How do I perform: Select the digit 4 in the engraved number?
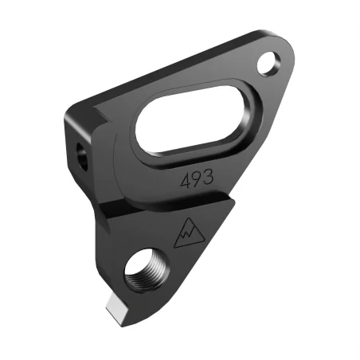[x=186, y=180]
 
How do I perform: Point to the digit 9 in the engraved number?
[x=197, y=178]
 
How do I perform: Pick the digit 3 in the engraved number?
[x=208, y=177]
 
